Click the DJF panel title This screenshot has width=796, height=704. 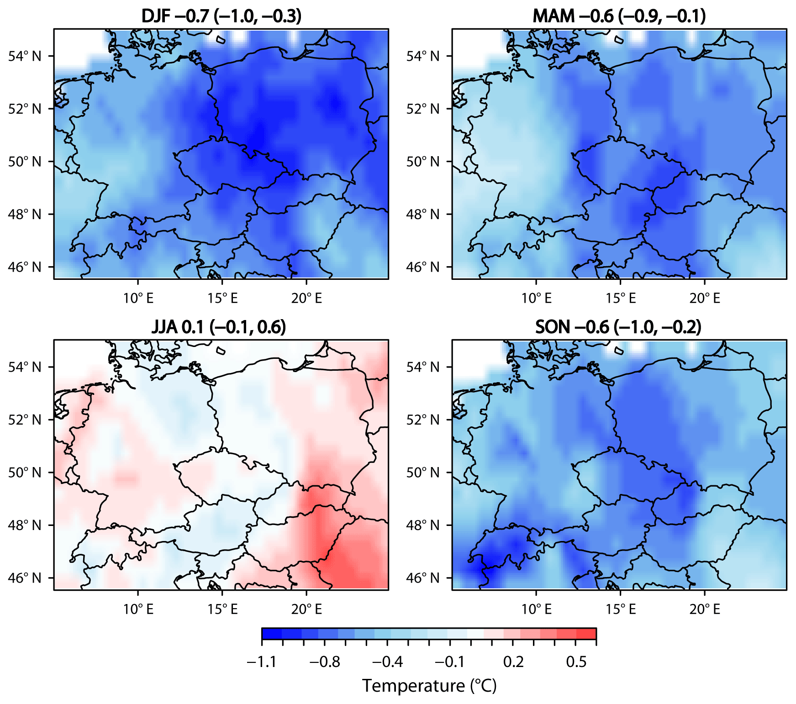(x=221, y=16)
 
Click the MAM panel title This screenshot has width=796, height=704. (x=619, y=16)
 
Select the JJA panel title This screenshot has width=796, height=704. (x=219, y=327)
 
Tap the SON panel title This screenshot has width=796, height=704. (x=618, y=327)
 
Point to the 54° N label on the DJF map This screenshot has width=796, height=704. (x=25, y=56)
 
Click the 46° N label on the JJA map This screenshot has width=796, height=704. (x=25, y=578)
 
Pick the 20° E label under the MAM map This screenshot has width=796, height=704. (x=705, y=299)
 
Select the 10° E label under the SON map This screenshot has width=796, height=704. (x=537, y=609)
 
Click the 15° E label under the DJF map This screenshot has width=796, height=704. (x=222, y=299)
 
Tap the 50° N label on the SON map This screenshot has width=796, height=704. (x=423, y=473)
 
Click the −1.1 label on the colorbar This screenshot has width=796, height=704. (x=262, y=662)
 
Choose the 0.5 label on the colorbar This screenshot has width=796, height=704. (x=576, y=662)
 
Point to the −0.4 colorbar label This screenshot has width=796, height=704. (x=387, y=662)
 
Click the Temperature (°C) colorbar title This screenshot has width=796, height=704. (x=429, y=686)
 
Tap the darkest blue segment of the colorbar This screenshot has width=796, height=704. (x=272, y=634)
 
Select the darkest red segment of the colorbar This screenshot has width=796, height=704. (x=586, y=634)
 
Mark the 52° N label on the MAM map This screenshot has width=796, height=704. (x=423, y=109)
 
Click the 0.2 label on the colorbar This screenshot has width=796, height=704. (x=513, y=662)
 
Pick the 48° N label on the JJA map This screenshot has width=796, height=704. (x=25, y=525)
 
